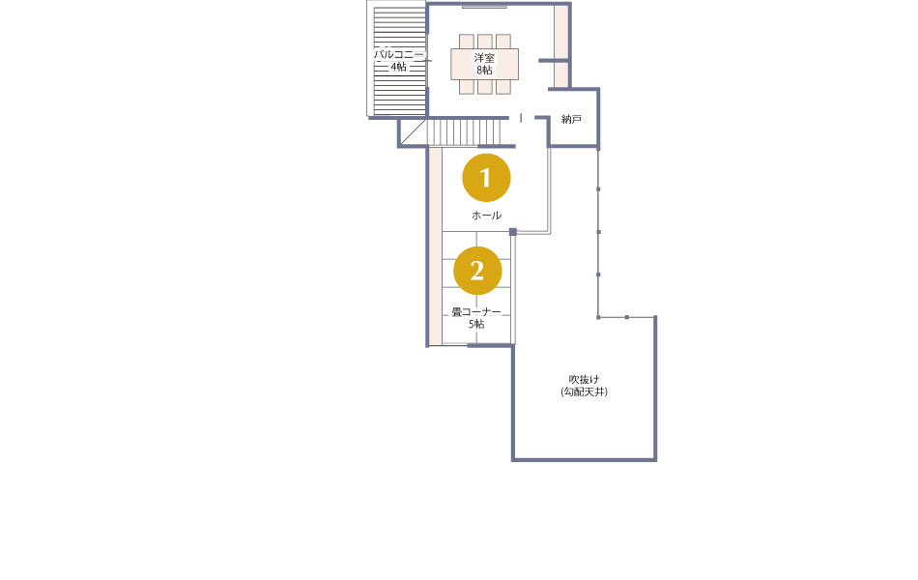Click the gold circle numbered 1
[x=486, y=178]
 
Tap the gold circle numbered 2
[x=477, y=271]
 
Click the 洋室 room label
[x=484, y=57]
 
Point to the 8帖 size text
[x=484, y=71]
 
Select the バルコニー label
[x=399, y=54]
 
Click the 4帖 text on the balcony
[x=399, y=67]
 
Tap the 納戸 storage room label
[x=571, y=120]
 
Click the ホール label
[x=486, y=216]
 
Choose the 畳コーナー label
[x=476, y=311]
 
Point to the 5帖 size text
[x=476, y=324]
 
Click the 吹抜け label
[x=585, y=380]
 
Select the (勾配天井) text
[x=585, y=391]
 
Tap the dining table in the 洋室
[x=485, y=64]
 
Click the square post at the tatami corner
[x=513, y=232]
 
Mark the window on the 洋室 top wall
[x=484, y=7]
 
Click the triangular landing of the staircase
[x=413, y=131]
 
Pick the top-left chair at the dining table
[x=466, y=42]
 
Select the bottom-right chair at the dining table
[x=503, y=87]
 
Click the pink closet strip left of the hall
[x=435, y=246]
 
